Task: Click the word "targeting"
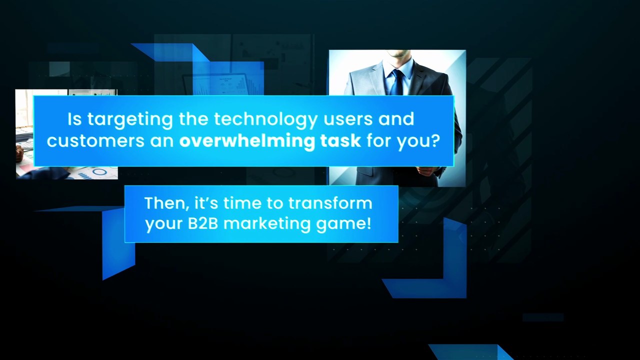tap(130, 120)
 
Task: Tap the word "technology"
tap(265, 119)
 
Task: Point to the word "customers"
tap(95, 141)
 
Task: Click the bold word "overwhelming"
tap(246, 140)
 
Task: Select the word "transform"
tap(330, 203)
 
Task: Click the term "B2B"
tap(203, 223)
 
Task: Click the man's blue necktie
tap(397, 82)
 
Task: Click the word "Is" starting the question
tap(74, 119)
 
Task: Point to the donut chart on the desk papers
tap(99, 171)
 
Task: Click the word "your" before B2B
tap(163, 225)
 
